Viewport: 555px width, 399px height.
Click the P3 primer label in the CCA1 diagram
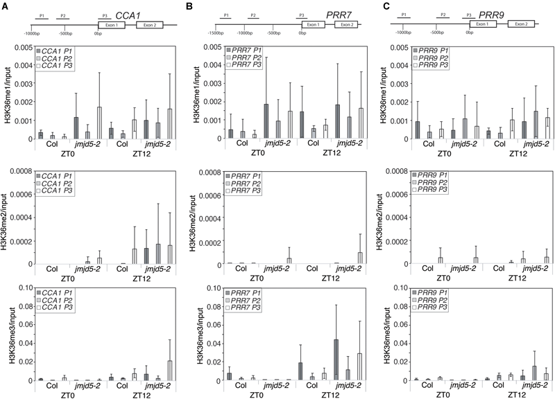pos(105,15)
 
